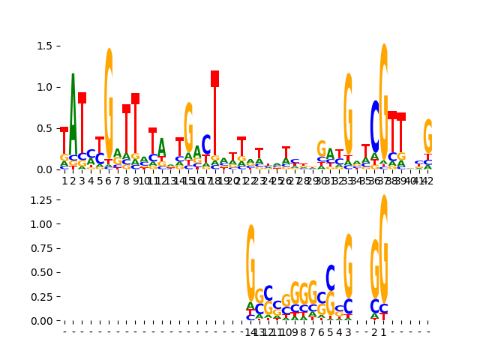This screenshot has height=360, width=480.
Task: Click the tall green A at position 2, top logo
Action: (x=73, y=112)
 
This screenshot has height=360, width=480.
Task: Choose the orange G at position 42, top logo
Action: (x=428, y=136)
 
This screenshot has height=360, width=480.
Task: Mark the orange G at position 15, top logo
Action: (x=188, y=127)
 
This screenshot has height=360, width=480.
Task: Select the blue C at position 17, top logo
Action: (x=206, y=144)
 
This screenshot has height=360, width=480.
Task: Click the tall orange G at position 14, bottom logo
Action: (x=250, y=262)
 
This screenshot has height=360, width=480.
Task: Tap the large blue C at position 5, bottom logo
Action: (x=330, y=277)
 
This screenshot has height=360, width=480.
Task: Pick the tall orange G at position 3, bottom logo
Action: (x=348, y=265)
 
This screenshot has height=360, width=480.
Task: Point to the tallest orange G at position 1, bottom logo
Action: (x=384, y=248)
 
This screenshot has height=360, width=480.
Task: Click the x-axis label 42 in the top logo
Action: (x=428, y=180)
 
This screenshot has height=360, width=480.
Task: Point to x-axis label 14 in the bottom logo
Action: (x=250, y=331)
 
